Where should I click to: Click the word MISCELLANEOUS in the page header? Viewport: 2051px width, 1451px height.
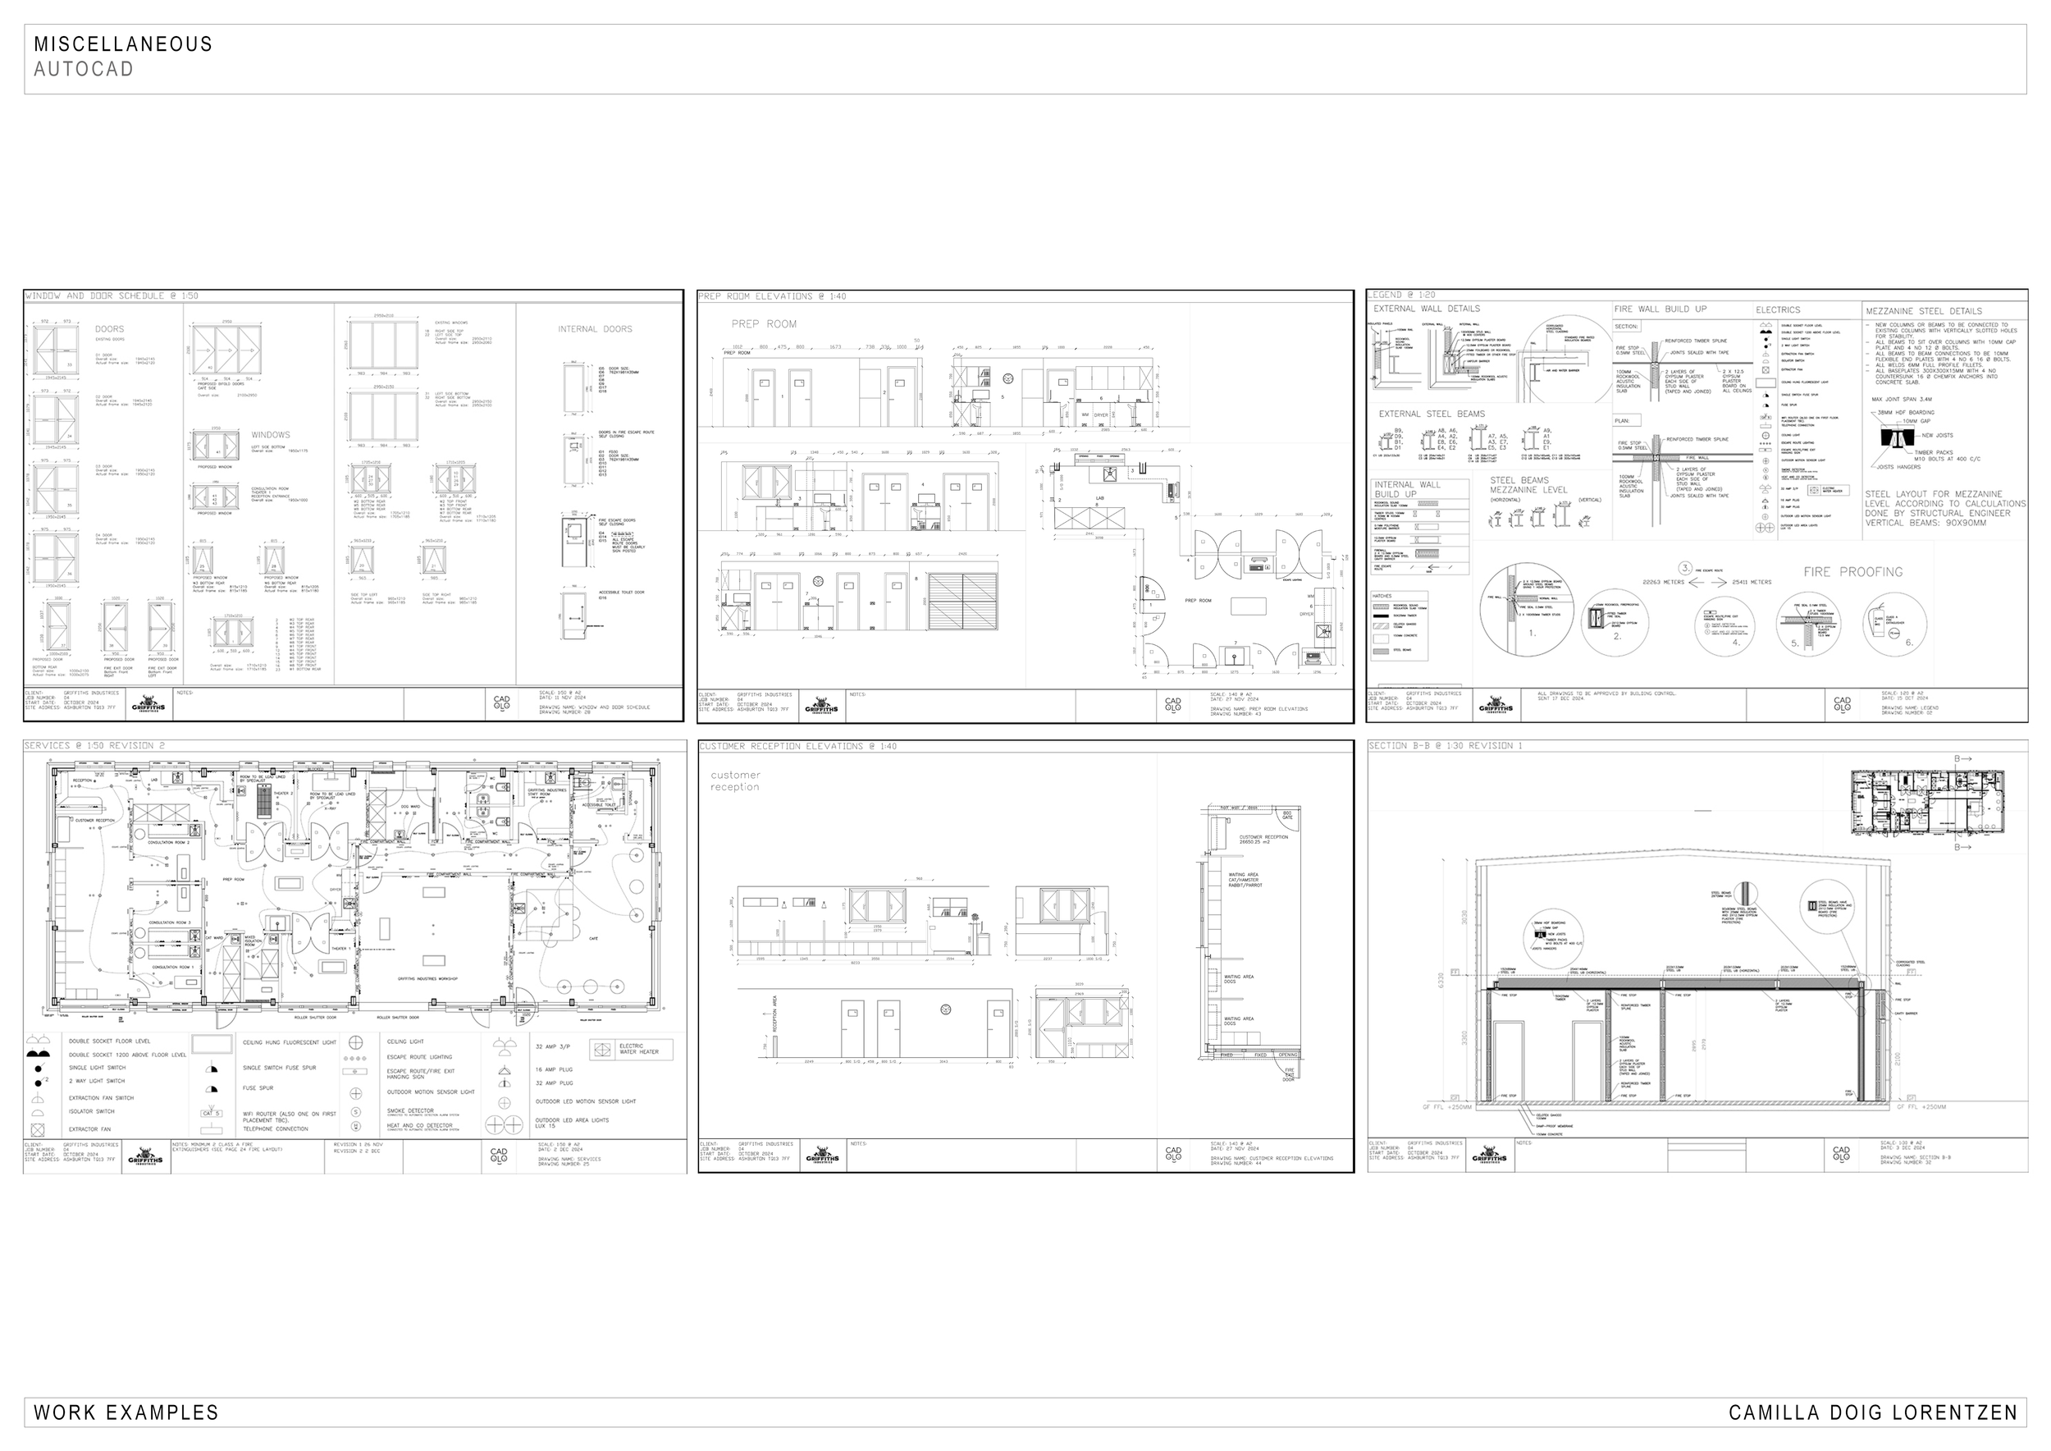click(x=123, y=43)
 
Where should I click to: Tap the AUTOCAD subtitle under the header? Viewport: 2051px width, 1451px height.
click(x=84, y=69)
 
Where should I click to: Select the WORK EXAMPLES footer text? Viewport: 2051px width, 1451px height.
click(x=126, y=1412)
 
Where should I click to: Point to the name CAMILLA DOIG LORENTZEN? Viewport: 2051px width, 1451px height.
click(x=1873, y=1412)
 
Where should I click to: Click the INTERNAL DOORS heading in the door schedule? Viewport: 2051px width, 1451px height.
click(x=595, y=329)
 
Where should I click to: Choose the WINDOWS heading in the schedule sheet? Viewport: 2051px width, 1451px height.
click(x=271, y=435)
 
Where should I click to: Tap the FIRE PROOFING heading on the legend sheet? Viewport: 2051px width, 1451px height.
click(x=1852, y=572)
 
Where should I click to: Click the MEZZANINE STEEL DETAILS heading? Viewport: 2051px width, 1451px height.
click(x=1923, y=311)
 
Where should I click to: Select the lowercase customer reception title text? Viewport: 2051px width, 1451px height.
click(x=735, y=780)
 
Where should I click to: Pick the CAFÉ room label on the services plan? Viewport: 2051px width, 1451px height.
click(x=593, y=938)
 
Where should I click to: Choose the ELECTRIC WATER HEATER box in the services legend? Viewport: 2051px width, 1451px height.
click(x=632, y=1049)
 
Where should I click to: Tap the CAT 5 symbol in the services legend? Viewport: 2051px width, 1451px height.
click(x=211, y=1113)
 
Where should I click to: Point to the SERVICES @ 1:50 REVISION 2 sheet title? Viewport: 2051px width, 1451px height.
click(x=94, y=746)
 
